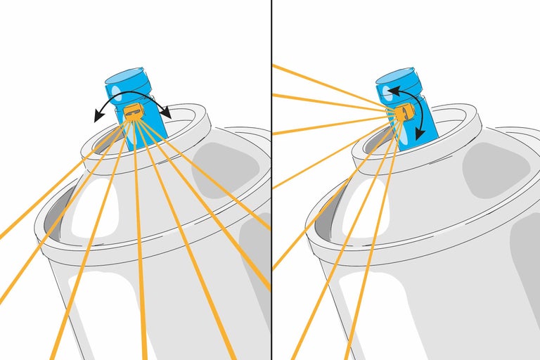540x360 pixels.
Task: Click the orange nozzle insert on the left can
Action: point(133,110)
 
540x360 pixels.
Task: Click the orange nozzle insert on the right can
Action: point(403,112)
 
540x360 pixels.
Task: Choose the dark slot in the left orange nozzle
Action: point(132,110)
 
